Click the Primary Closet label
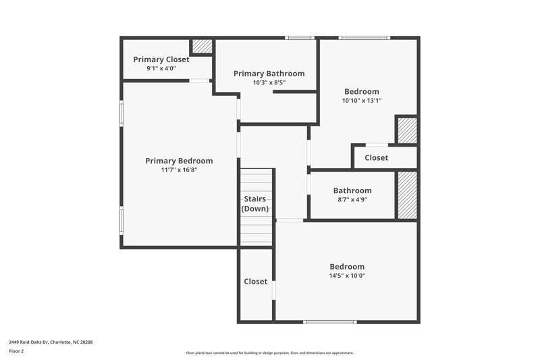click(x=161, y=59)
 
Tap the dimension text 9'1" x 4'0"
click(x=161, y=68)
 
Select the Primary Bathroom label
click(x=269, y=74)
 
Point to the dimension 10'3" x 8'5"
click(x=269, y=82)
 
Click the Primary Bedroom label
click(x=179, y=161)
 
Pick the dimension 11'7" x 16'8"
click(x=179, y=170)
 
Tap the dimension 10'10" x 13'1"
click(x=362, y=101)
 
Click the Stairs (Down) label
click(x=255, y=204)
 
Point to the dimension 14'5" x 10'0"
click(x=347, y=276)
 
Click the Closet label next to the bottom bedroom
click(x=255, y=282)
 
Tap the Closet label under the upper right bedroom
click(x=376, y=157)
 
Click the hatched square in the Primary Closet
click(x=202, y=47)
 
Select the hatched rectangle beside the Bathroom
click(x=406, y=195)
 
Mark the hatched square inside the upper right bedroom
click(x=406, y=130)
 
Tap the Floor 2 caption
click(x=16, y=351)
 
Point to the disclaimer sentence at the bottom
click(x=269, y=353)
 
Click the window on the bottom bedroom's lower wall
click(x=331, y=322)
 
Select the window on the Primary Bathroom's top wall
click(x=300, y=38)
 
